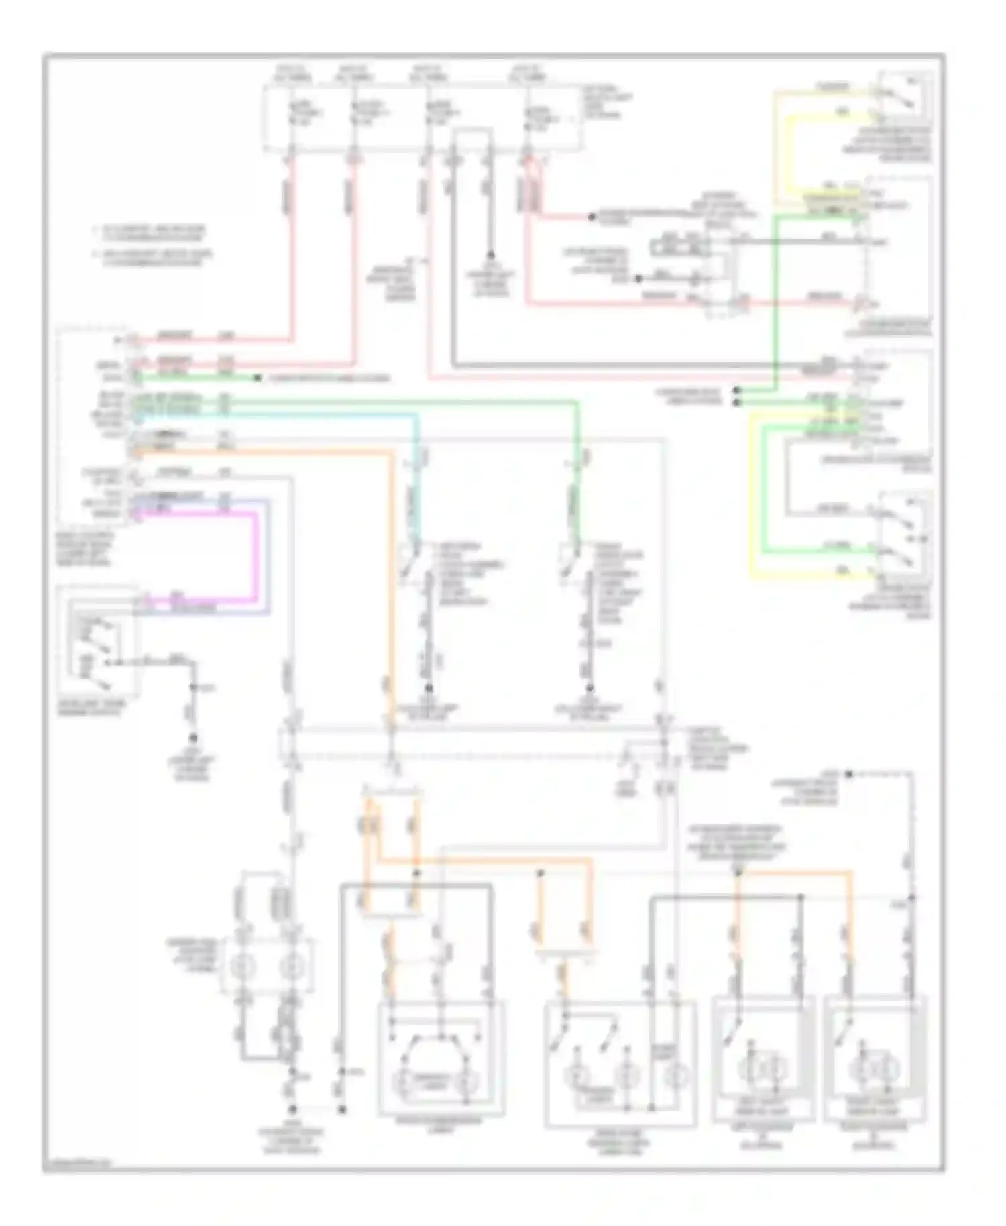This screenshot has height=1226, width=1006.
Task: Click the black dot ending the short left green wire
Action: click(x=257, y=379)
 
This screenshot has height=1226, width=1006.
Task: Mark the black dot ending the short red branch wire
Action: click(x=592, y=217)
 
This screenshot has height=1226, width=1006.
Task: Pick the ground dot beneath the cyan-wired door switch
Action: click(x=429, y=687)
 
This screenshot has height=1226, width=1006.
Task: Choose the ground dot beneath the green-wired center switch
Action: click(x=591, y=687)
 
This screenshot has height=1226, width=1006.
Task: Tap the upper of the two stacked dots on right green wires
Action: click(x=738, y=390)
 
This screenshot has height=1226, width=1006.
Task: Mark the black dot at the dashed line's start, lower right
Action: click(x=849, y=775)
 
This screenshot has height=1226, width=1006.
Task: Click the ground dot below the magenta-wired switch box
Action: click(x=193, y=737)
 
